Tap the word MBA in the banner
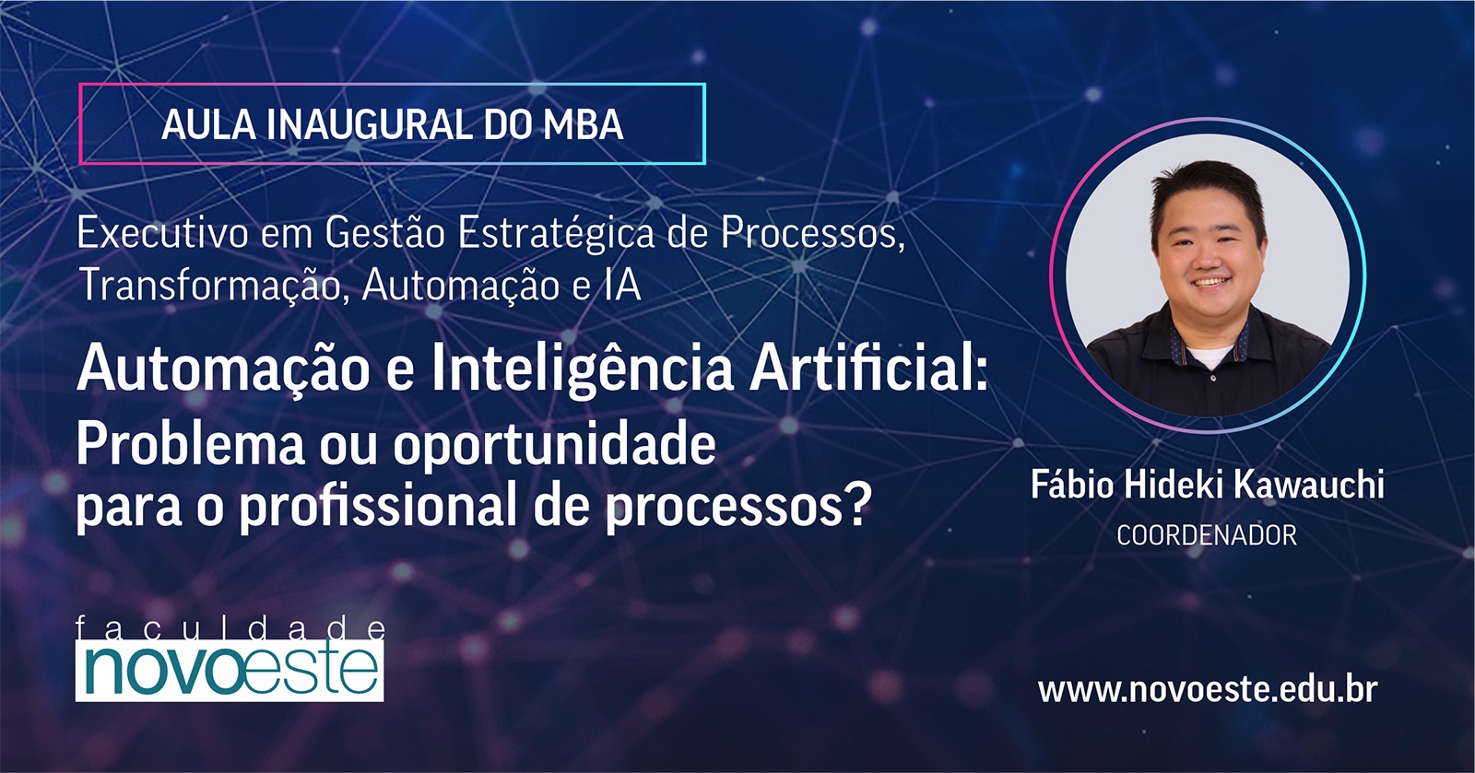584,125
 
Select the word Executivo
162,232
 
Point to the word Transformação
209,284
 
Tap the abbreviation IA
623,285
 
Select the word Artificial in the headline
867,369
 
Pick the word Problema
190,445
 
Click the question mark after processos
857,506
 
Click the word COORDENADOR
1206,535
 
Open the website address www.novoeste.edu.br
1207,690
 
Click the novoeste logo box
230,670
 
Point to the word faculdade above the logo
230,628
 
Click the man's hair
1204,184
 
